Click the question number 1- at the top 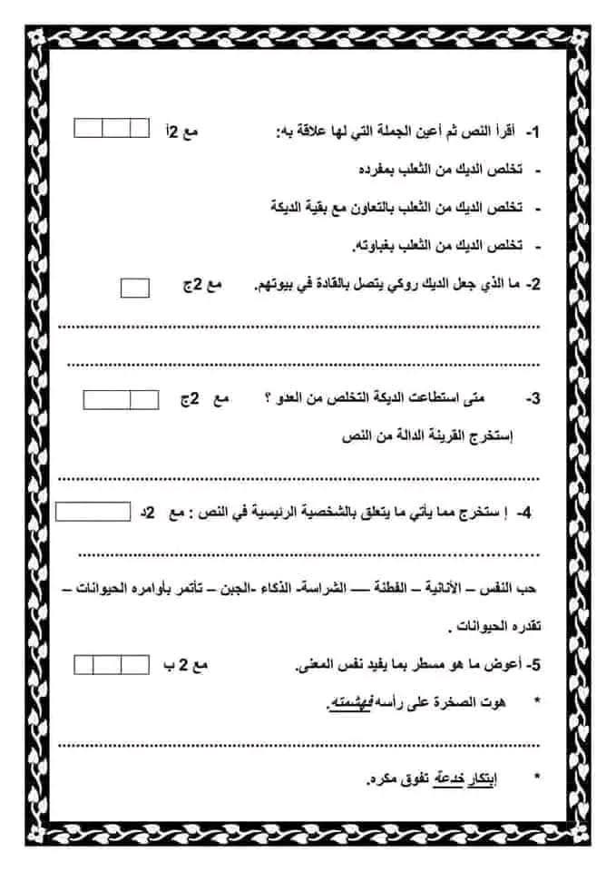533,132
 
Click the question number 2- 533,285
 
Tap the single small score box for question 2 135,288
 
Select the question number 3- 533,398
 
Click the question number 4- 523,514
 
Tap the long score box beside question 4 93,512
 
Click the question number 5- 533,666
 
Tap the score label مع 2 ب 188,666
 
